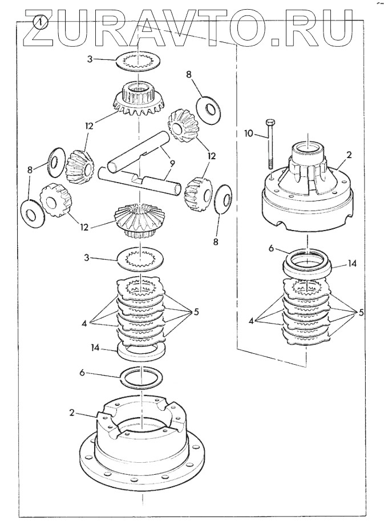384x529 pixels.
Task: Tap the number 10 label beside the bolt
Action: click(249, 134)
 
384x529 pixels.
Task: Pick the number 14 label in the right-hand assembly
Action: click(352, 264)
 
